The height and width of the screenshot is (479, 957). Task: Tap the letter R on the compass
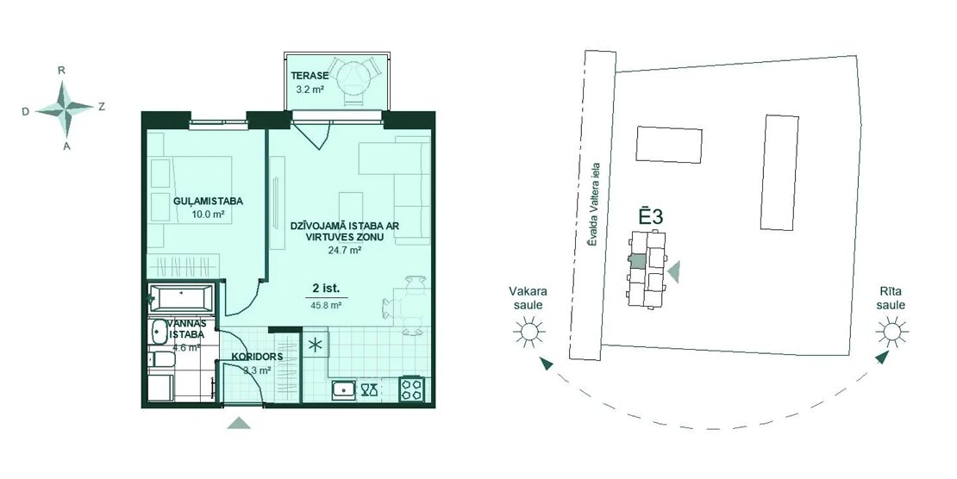[61, 70]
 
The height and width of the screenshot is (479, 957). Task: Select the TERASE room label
[310, 76]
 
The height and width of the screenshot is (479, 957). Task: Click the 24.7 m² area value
[340, 249]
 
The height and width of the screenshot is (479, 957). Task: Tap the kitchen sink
[344, 389]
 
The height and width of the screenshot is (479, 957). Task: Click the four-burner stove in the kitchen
[412, 389]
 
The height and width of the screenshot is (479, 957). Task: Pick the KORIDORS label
[256, 357]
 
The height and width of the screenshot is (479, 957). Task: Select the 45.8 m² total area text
[325, 306]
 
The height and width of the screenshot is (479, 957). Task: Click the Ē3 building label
[651, 216]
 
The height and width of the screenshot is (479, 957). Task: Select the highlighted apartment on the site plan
[637, 261]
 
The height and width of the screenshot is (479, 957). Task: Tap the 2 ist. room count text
[326, 288]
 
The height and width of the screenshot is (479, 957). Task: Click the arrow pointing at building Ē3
[674, 271]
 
